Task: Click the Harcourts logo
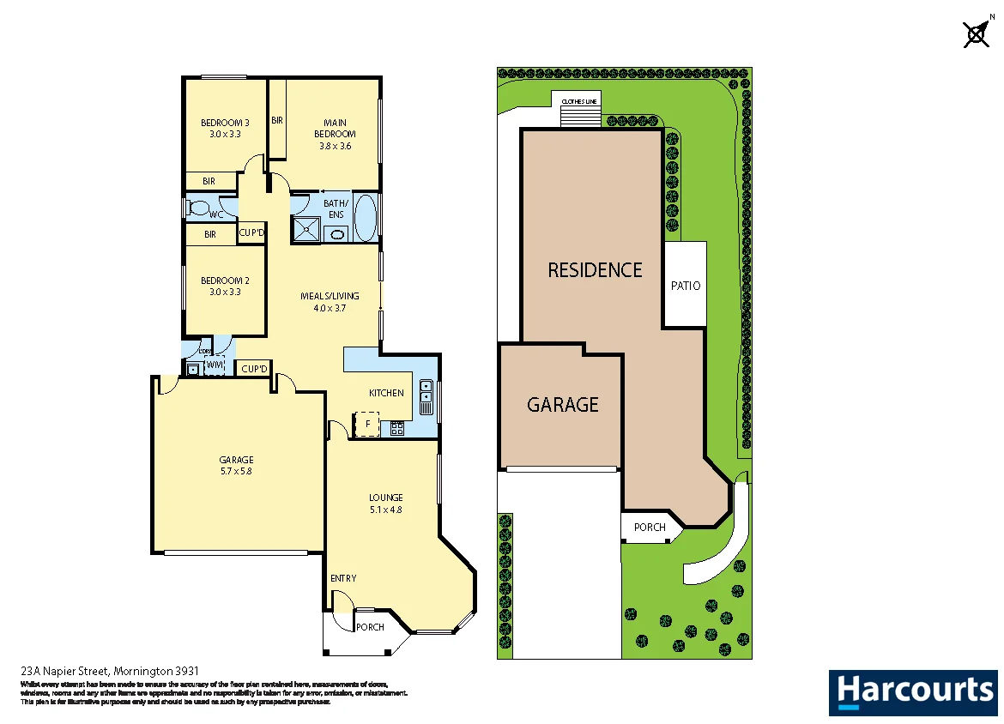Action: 913,691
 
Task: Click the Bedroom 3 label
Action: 225,128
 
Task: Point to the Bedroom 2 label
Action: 225,286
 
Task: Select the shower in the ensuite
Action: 305,229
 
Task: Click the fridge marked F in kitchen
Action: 367,425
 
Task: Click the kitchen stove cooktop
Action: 397,427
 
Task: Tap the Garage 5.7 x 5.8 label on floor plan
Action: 236,465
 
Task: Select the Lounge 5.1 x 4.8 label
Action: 385,503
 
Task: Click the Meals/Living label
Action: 330,302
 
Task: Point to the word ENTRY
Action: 343,578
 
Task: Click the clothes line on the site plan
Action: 578,110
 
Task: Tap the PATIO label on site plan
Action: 686,286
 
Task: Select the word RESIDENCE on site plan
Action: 595,270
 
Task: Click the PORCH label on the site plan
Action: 650,527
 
